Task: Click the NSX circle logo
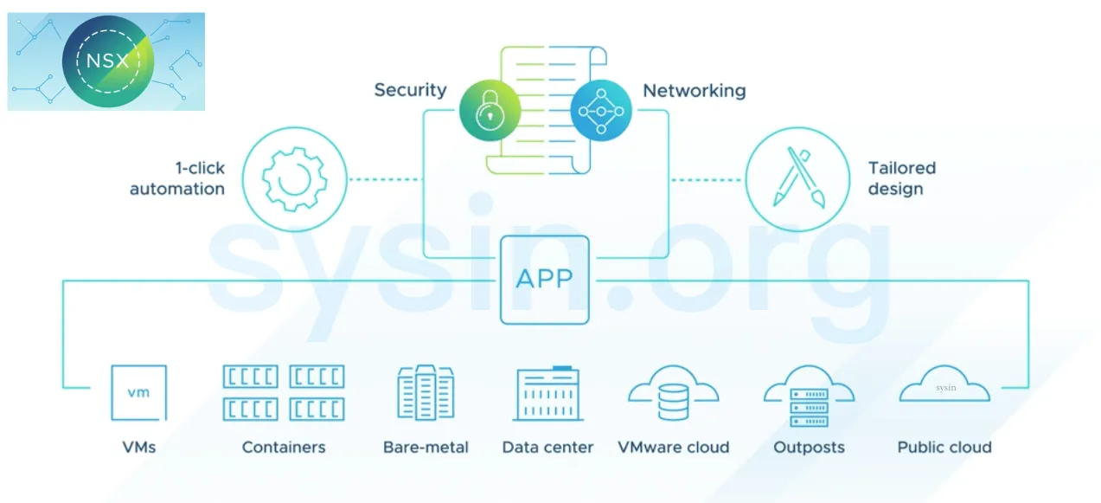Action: pos(111,61)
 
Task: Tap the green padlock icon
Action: pos(490,111)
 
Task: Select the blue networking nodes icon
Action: pos(601,111)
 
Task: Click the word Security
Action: pos(410,90)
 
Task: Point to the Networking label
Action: pos(694,90)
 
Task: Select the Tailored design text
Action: pos(902,178)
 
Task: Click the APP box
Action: pos(544,280)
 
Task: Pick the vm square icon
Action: pos(138,392)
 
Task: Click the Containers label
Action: pos(284,448)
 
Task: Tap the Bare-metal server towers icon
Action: pos(426,393)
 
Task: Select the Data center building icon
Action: pos(548,394)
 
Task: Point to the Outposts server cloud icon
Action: pos(809,397)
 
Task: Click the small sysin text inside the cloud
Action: pos(945,388)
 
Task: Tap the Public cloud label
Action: pos(944,448)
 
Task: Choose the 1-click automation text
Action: pos(177,178)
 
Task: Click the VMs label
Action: pos(138,448)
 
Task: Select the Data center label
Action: pos(547,448)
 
